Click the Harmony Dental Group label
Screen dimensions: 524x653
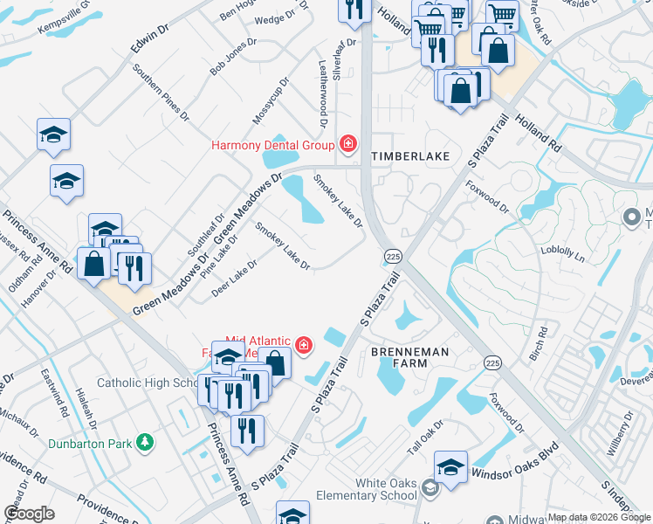tap(273, 145)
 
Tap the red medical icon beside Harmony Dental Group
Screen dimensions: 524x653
tap(348, 144)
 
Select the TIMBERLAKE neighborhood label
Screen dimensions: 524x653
tap(410, 156)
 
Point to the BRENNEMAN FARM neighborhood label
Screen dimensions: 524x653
tap(411, 357)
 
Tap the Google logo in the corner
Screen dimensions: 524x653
tap(29, 514)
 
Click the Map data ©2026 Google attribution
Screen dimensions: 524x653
tap(599, 517)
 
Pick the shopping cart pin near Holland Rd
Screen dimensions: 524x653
tap(503, 15)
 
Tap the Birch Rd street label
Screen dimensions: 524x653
tap(542, 344)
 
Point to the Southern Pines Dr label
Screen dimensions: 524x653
tap(161, 91)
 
